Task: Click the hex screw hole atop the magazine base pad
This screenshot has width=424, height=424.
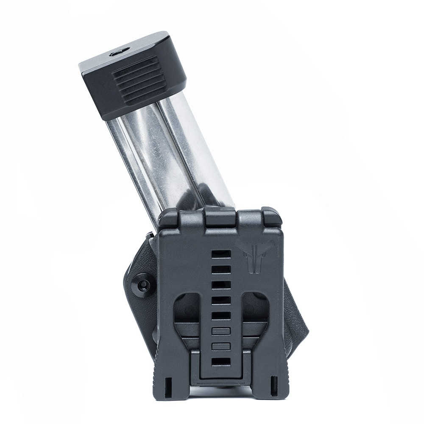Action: click(119, 53)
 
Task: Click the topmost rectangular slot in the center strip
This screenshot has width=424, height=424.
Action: click(221, 254)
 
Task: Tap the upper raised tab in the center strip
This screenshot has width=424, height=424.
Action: click(221, 331)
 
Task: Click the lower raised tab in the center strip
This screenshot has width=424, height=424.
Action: click(221, 346)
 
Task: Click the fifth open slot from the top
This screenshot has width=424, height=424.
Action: click(221, 315)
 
